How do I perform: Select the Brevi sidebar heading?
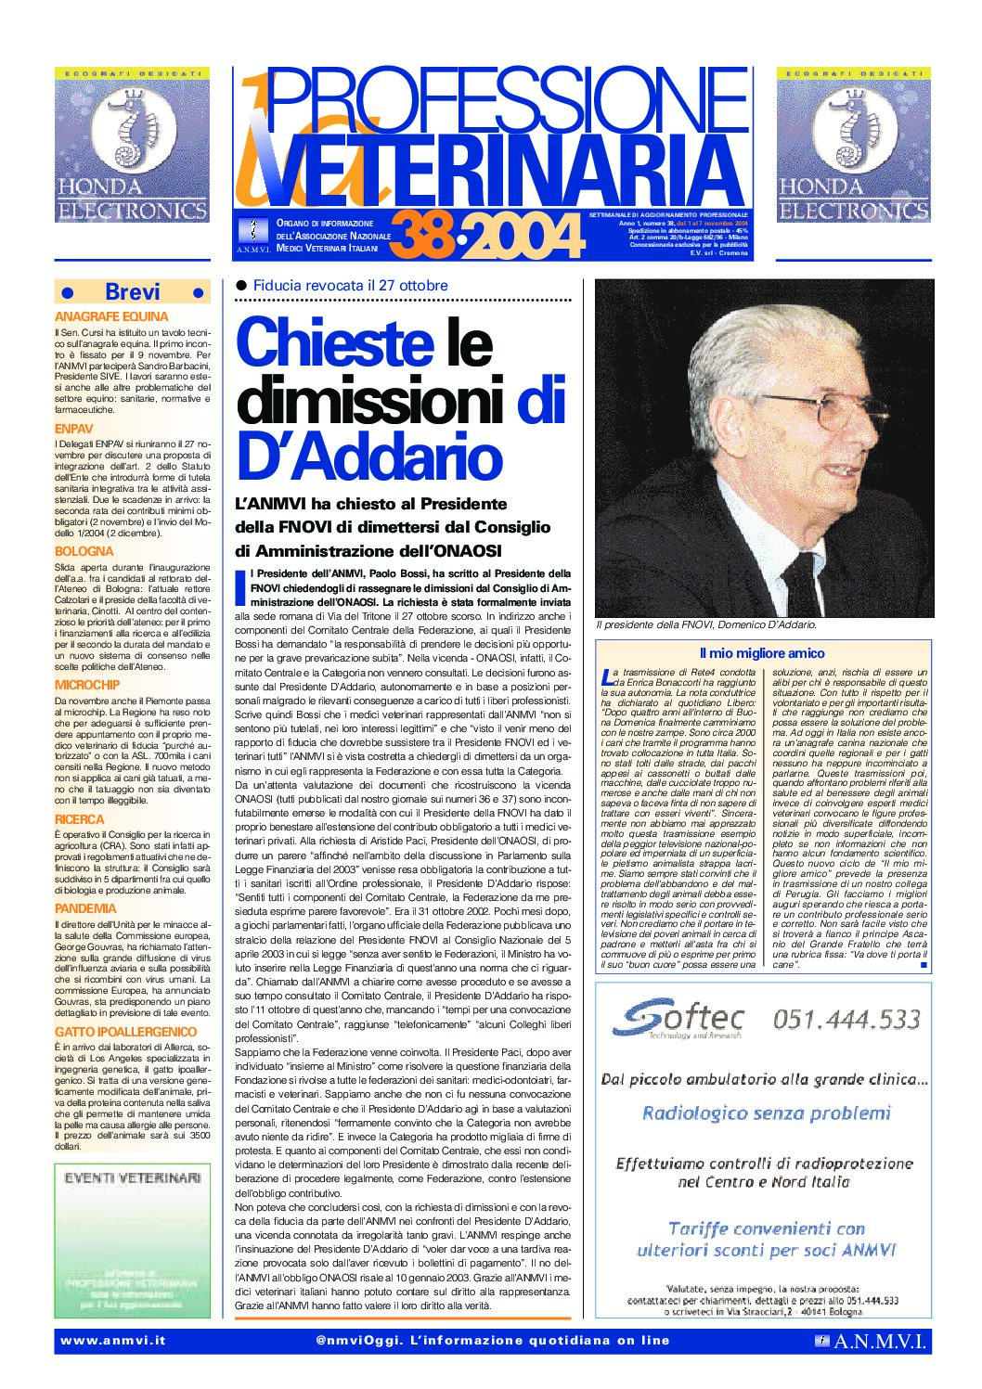tap(132, 292)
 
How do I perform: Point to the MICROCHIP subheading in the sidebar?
tap(87, 686)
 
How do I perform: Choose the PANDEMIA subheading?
tap(85, 908)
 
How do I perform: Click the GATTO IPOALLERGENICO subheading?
tap(125, 1032)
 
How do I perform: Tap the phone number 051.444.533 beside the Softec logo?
tap(846, 1020)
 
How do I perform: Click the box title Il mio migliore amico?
tap(762, 653)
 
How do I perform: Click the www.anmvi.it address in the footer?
tap(112, 1341)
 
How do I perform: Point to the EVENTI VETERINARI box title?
tap(133, 1177)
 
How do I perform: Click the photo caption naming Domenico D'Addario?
tap(705, 625)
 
